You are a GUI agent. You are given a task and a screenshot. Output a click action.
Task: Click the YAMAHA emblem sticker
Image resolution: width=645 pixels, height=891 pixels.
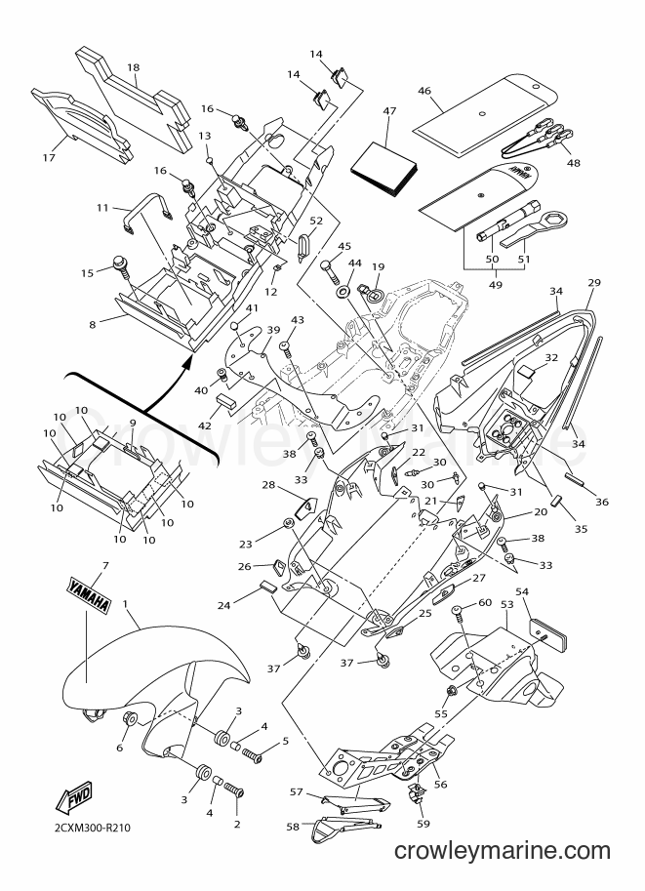89,595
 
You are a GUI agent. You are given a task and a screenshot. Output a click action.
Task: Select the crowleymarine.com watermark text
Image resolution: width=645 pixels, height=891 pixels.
503,851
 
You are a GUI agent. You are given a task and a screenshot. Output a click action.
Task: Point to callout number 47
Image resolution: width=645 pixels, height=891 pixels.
389,111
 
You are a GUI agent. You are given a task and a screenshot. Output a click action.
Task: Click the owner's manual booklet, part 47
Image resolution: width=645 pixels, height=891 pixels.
384,168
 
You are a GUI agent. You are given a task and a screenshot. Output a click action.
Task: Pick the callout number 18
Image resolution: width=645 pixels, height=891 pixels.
133,67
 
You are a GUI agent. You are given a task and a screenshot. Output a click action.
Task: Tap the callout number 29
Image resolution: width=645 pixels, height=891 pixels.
594,282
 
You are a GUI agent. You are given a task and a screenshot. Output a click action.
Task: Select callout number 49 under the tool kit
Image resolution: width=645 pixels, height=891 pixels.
496,284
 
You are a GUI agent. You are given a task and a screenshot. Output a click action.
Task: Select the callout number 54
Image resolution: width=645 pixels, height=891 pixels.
522,591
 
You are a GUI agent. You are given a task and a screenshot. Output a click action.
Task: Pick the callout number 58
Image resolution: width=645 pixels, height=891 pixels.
292,827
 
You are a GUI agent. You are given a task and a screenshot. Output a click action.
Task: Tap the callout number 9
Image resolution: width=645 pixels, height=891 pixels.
133,423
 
